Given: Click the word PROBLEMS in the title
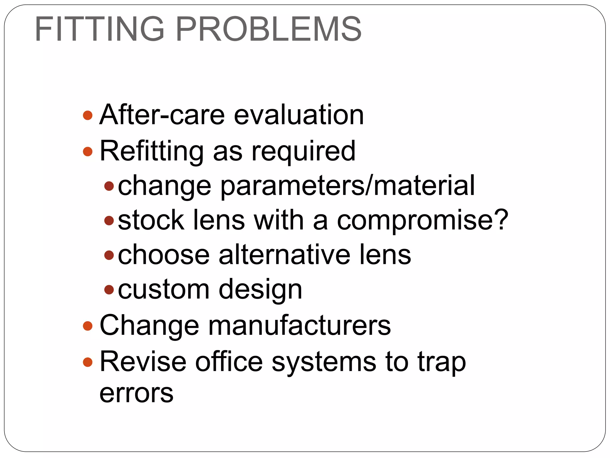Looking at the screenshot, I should click(269, 29).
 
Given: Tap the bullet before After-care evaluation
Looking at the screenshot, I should click(88, 115).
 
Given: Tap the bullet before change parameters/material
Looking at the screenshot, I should click(109, 186).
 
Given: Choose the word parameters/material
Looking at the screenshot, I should click(347, 186).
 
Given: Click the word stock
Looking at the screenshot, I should click(151, 220).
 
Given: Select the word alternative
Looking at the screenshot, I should click(284, 255).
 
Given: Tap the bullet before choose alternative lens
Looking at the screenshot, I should click(109, 255).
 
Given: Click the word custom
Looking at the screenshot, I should click(164, 289).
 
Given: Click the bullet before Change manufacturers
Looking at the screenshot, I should click(88, 326).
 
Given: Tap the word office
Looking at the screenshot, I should click(229, 362).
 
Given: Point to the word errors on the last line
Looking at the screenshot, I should click(136, 393).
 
